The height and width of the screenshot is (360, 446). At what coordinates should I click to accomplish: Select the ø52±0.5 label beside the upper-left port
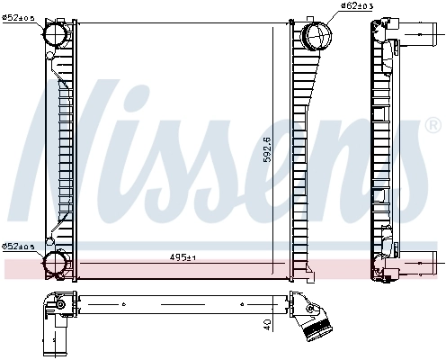18,16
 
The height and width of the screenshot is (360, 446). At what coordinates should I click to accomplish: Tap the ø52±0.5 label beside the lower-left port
18,246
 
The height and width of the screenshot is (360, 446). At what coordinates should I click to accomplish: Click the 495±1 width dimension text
183,257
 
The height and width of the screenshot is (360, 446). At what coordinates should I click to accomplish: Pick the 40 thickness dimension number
267,324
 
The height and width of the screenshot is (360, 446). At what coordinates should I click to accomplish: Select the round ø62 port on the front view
316,36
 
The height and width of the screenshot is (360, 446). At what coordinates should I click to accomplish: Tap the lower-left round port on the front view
55,264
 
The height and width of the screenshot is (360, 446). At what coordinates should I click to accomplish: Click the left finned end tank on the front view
57,148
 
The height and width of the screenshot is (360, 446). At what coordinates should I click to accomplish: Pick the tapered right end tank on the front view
307,148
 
